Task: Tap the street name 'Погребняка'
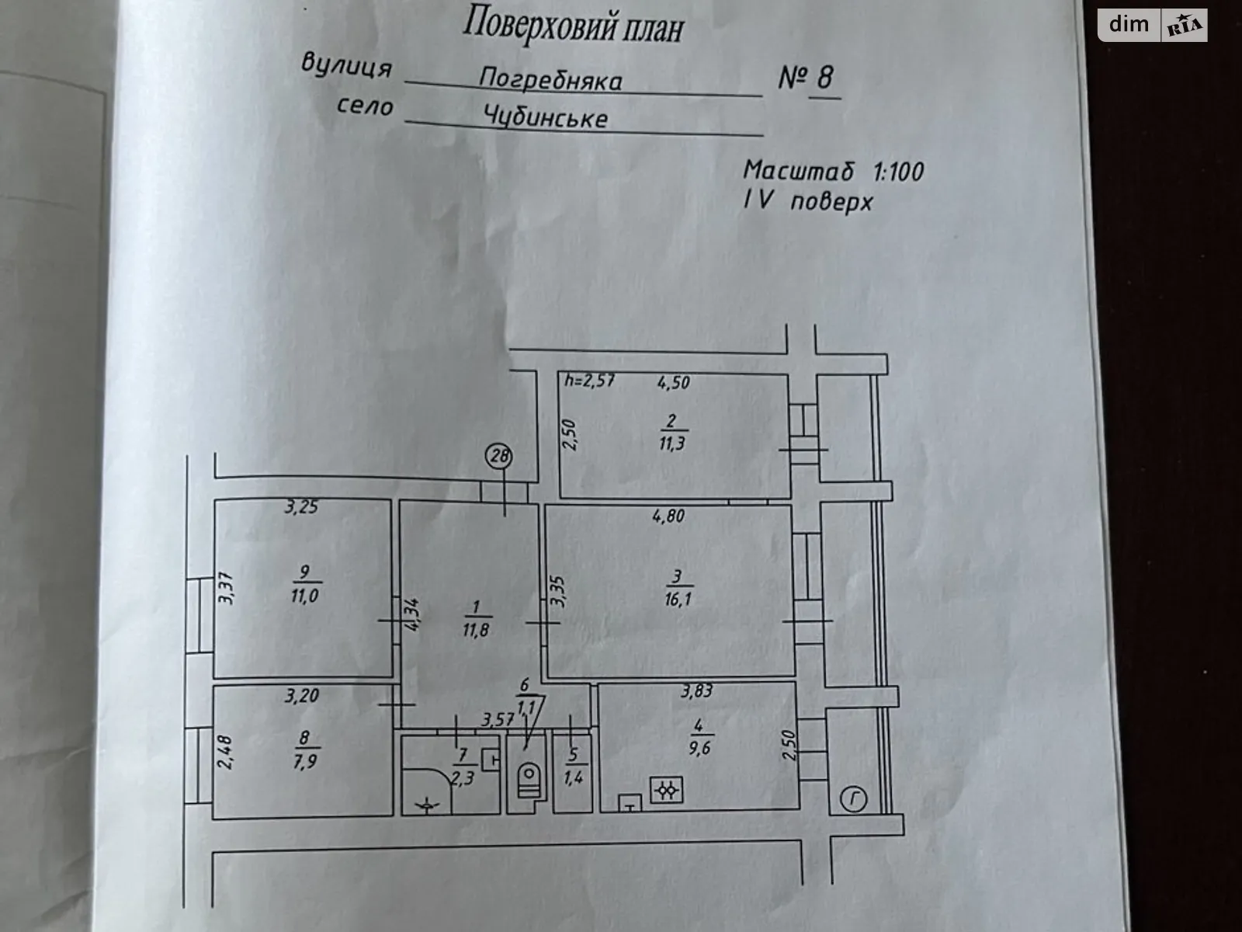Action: click(550, 79)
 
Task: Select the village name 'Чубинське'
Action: click(546, 118)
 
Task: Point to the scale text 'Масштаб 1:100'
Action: click(833, 171)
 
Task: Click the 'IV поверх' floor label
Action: click(808, 201)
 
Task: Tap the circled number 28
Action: click(499, 456)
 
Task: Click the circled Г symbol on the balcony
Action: click(853, 800)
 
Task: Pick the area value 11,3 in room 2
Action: click(671, 443)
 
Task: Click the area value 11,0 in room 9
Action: click(305, 596)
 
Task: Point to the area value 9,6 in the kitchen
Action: click(699, 749)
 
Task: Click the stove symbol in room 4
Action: click(667, 790)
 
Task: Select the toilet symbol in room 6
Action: click(529, 781)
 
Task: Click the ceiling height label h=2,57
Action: click(590, 381)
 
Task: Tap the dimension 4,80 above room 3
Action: click(668, 516)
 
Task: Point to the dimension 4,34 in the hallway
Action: click(411, 614)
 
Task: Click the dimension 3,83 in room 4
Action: click(696, 691)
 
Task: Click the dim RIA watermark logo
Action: click(1153, 26)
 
